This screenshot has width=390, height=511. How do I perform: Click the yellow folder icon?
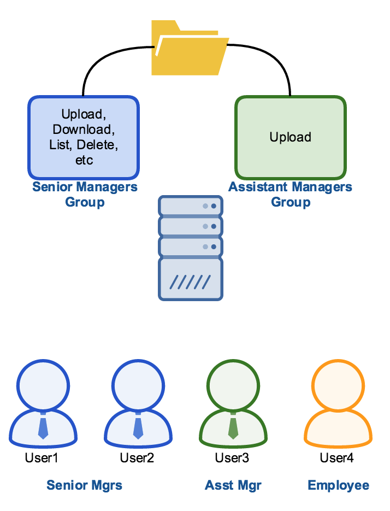click(x=190, y=49)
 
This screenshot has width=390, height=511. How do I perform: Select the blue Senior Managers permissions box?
click(x=84, y=137)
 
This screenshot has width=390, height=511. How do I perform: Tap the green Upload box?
click(x=290, y=137)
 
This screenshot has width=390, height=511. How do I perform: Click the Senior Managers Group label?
click(x=85, y=195)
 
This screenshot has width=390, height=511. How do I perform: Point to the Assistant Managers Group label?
click(x=290, y=195)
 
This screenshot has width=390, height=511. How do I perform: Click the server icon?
click(x=191, y=247)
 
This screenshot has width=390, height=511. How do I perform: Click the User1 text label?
click(x=42, y=458)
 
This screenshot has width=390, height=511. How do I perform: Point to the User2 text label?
click(x=137, y=458)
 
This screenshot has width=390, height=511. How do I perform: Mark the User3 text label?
click(x=232, y=458)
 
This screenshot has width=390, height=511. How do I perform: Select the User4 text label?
click(x=337, y=458)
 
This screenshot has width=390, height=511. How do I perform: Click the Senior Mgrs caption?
click(x=85, y=485)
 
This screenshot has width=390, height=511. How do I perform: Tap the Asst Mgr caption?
click(x=233, y=485)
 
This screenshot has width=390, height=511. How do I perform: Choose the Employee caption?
click(x=339, y=485)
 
